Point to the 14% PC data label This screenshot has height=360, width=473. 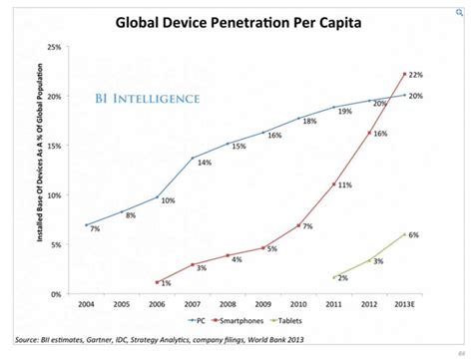(205, 163)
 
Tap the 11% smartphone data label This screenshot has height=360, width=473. (345, 185)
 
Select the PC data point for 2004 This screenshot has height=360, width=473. (86, 224)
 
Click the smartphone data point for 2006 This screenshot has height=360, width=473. (157, 282)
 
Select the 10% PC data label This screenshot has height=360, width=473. (168, 200)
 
